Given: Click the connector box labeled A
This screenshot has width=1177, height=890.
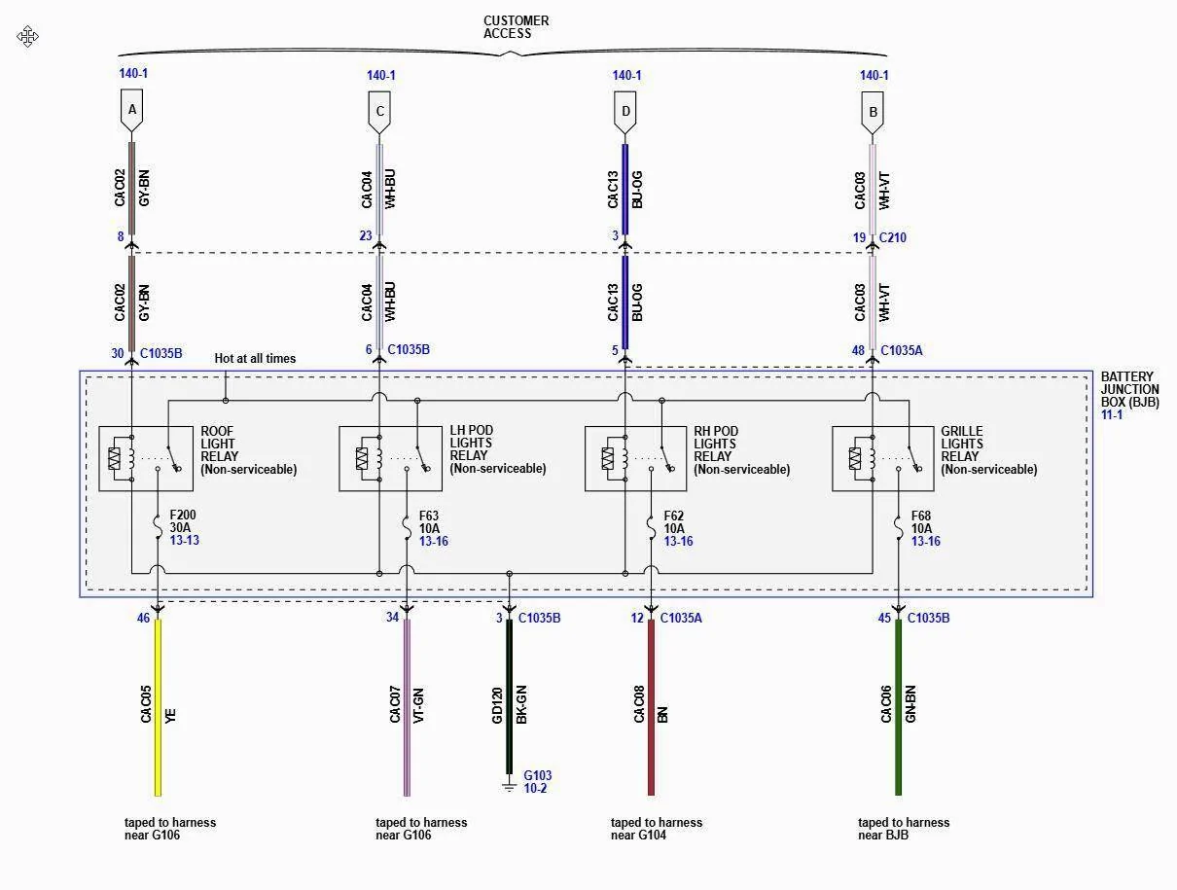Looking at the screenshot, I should point(132,111).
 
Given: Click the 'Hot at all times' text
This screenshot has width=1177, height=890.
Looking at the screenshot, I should point(255,359).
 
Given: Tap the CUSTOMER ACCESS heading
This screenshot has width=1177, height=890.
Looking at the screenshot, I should point(516,27).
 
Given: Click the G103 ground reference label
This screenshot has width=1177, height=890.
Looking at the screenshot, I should point(537,776).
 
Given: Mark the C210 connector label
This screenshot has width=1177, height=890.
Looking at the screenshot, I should point(893,237).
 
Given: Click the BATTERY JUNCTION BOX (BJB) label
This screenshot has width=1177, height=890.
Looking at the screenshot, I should point(1129,389).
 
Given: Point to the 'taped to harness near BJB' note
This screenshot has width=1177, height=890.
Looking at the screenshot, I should point(903,828).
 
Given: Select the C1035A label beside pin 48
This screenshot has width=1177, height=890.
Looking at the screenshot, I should point(901,351).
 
